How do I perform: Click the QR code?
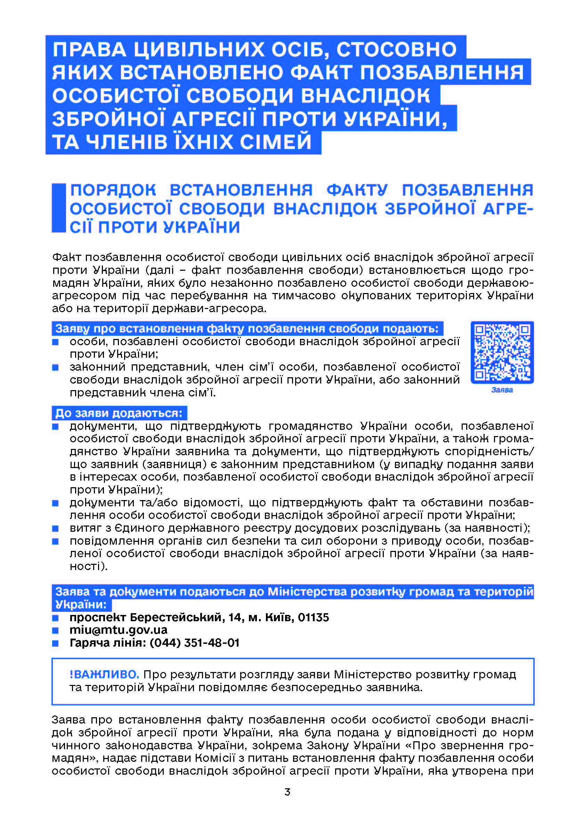502,352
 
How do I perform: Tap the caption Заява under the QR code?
502,390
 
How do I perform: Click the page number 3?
287,792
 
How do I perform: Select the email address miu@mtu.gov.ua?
118,630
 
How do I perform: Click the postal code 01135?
313,617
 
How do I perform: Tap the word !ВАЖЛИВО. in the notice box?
104,674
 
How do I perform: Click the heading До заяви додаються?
119,413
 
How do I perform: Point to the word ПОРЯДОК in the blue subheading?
113,190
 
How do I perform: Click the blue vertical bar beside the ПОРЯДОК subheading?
59,208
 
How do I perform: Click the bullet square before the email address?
55,630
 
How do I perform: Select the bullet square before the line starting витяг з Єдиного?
55,528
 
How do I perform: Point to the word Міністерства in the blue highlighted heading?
307,591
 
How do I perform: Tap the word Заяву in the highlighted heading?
73,329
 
